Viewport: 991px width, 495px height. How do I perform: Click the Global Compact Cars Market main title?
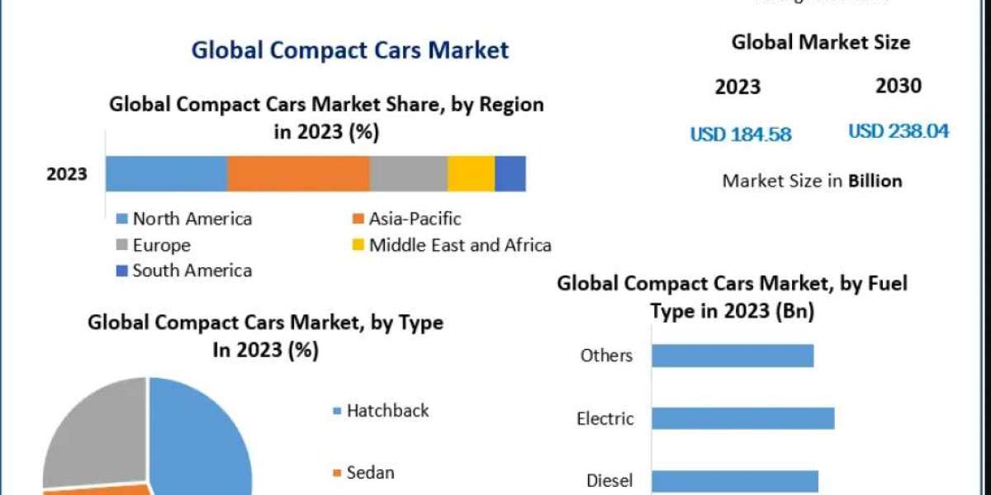[x=350, y=50]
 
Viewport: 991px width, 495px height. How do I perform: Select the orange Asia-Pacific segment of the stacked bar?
[x=298, y=173]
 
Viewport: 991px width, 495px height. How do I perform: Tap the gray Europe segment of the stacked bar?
[x=408, y=173]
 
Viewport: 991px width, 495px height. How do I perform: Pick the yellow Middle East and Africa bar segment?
[x=471, y=173]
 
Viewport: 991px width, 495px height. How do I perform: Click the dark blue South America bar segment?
[x=510, y=173]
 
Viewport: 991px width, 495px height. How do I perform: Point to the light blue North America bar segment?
[x=166, y=173]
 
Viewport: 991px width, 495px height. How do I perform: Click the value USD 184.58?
[x=740, y=134]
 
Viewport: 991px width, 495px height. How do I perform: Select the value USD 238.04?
[x=899, y=131]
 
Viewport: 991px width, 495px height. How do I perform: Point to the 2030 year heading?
[x=898, y=86]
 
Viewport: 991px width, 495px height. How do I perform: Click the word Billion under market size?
[x=875, y=181]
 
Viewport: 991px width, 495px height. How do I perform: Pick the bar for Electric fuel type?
[x=742, y=418]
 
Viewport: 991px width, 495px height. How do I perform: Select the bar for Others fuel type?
[x=733, y=356]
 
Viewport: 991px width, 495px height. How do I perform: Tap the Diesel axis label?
[x=609, y=480]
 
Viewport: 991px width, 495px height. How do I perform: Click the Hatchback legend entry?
[x=387, y=410]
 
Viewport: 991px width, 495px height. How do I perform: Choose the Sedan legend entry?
[x=370, y=473]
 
